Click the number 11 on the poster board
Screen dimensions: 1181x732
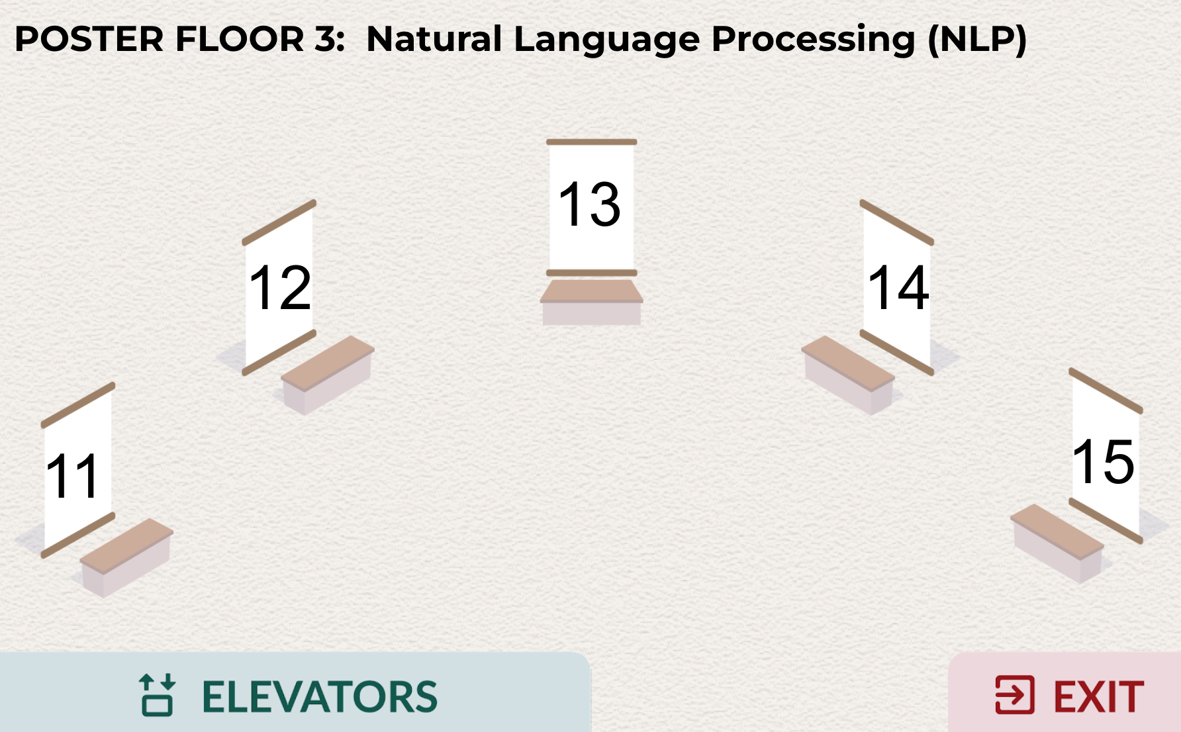[x=73, y=476]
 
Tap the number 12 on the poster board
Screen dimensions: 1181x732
[x=279, y=287]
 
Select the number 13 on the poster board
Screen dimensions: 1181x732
[x=589, y=205]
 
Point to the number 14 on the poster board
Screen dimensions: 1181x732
[x=898, y=287]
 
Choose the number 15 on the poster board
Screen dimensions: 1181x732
[x=1103, y=461]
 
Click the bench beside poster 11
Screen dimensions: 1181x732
[x=126, y=557]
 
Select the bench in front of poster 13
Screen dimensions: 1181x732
[x=591, y=302]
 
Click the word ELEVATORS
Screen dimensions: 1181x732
[x=319, y=697]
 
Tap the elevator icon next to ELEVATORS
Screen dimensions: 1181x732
[x=157, y=695]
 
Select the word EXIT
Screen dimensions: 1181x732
[x=1098, y=697]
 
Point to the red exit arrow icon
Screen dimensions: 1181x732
[x=1015, y=695]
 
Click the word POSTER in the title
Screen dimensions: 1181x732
[x=89, y=39]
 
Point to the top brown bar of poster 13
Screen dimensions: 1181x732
[x=591, y=142]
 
